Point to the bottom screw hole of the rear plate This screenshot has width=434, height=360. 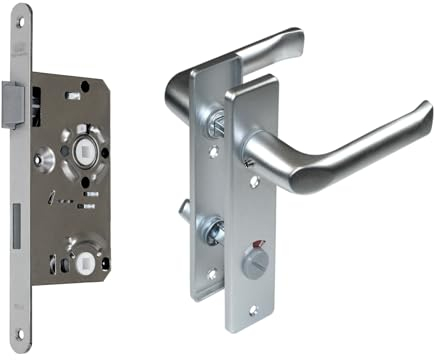coord(211,272)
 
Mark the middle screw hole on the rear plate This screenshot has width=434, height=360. coord(211,150)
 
